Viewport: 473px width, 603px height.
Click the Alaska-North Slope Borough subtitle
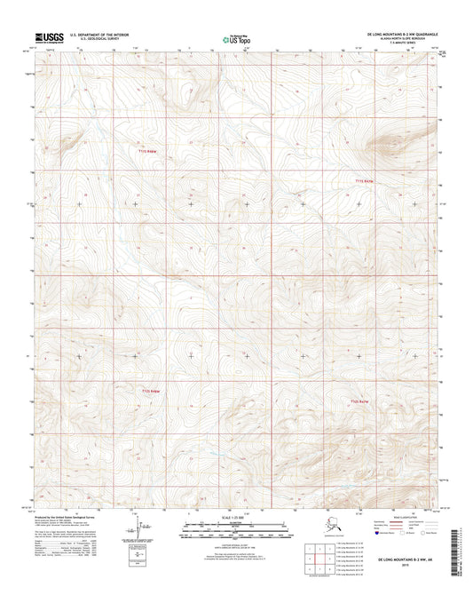(404, 40)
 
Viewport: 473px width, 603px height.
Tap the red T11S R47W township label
(365, 181)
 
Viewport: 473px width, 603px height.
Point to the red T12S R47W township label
(360, 402)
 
